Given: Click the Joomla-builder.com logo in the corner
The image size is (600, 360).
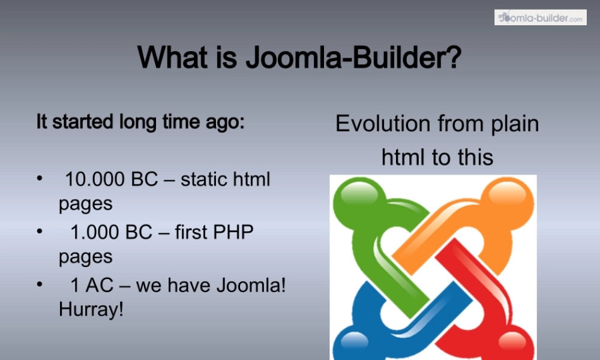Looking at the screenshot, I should (540, 17).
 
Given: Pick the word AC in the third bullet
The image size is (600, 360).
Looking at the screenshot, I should (99, 284).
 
